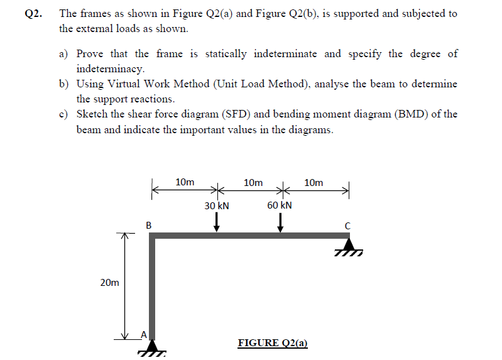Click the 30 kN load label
[x=217, y=205]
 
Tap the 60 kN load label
[x=280, y=205]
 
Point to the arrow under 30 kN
[x=216, y=222]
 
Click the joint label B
[x=148, y=224]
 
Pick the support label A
[x=143, y=335]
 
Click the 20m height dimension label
[x=109, y=283]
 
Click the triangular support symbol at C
[x=348, y=245]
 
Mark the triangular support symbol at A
[x=151, y=348]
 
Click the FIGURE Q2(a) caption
[x=273, y=343]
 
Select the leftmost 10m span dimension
[x=185, y=183]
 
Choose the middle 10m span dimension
[x=253, y=183]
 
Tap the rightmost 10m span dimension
[x=314, y=183]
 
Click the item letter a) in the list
[x=64, y=54]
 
